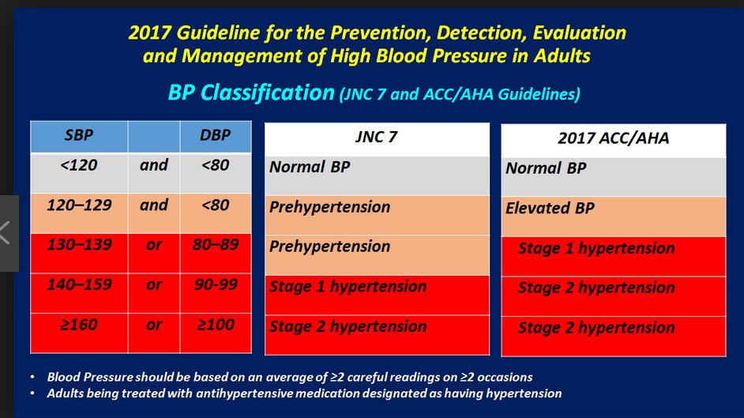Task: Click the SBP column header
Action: tap(79, 135)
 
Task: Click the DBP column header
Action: tap(215, 135)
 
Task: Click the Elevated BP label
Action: tap(550, 209)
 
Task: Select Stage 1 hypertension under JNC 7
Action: tap(348, 287)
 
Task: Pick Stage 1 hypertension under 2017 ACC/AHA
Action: tap(596, 248)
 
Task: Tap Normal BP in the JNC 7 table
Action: tap(310, 167)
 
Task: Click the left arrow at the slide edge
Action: tap(6, 233)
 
